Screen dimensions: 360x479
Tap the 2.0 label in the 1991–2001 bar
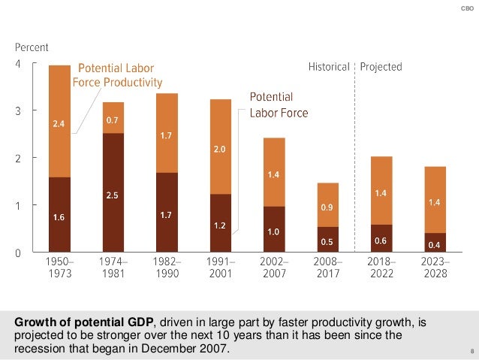[x=220, y=150]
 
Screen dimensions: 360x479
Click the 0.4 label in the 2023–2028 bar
[x=435, y=245]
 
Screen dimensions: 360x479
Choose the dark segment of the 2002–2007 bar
[x=274, y=229]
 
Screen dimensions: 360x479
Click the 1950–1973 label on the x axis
[x=59, y=268]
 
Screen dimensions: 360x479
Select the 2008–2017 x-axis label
[x=328, y=268]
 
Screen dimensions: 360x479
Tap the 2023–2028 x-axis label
[x=435, y=268]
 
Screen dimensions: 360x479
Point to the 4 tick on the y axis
[x=18, y=63]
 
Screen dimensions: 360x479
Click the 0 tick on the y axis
[x=18, y=253]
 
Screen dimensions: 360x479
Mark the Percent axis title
[x=32, y=48]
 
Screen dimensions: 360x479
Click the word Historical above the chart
[x=329, y=67]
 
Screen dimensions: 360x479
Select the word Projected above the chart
[x=381, y=67]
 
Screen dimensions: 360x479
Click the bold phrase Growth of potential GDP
[x=85, y=323]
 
